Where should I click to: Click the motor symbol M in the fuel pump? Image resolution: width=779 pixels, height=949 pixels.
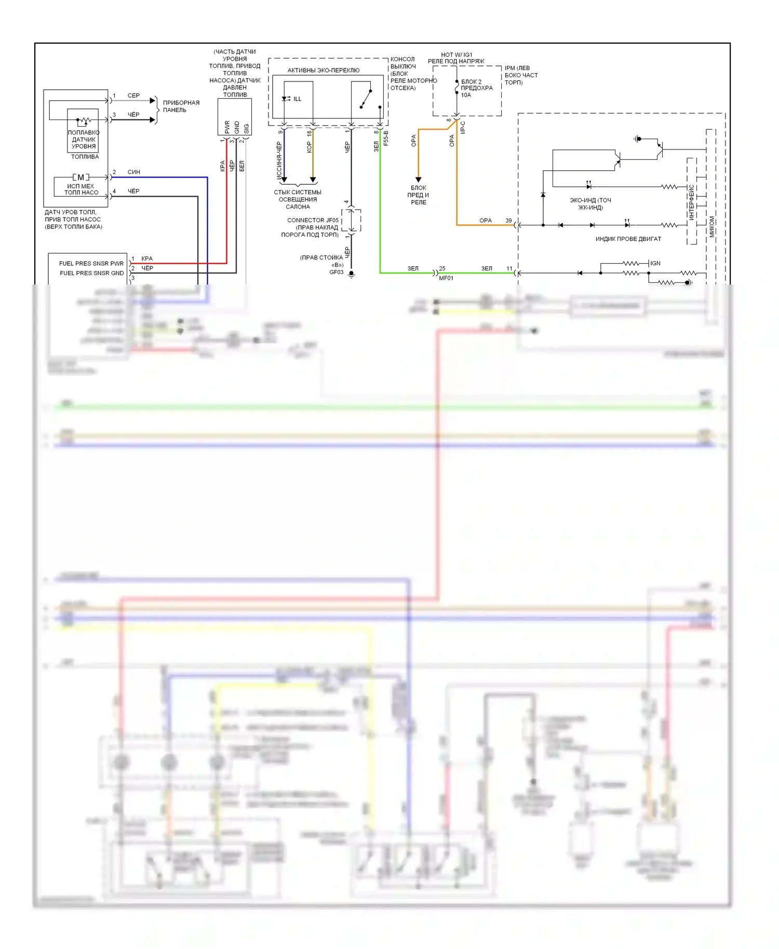80,177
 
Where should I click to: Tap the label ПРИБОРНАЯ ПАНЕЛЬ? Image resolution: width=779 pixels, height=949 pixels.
181,106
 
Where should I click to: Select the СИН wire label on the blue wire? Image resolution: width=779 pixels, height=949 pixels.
133,172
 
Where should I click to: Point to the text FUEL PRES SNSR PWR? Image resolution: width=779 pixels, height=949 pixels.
91,263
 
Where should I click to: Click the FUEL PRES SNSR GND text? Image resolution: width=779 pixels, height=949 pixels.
92,273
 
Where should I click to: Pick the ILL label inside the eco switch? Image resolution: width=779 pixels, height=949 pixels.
297,99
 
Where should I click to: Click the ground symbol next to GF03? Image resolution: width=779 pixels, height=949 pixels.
352,274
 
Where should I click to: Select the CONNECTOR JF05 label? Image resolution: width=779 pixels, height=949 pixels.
313,220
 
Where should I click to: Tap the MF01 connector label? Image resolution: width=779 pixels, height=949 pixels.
446,278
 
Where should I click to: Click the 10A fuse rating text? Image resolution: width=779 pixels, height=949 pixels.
466,95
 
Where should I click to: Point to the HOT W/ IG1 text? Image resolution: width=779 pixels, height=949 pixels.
456,55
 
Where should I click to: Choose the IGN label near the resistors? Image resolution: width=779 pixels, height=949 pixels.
655,263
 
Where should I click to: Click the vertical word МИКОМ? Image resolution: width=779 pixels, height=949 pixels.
711,227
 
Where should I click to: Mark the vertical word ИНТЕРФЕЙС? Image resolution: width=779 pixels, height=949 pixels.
691,202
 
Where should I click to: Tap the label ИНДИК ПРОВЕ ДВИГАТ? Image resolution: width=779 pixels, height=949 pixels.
628,239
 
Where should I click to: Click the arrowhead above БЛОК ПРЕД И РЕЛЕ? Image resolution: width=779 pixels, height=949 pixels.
419,179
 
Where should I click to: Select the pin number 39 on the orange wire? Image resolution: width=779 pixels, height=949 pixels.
508,221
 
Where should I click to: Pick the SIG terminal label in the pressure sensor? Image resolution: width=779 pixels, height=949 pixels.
246,128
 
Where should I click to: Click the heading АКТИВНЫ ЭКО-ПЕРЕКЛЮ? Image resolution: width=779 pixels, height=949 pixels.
323,70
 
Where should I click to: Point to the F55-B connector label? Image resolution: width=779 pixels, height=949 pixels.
386,138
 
